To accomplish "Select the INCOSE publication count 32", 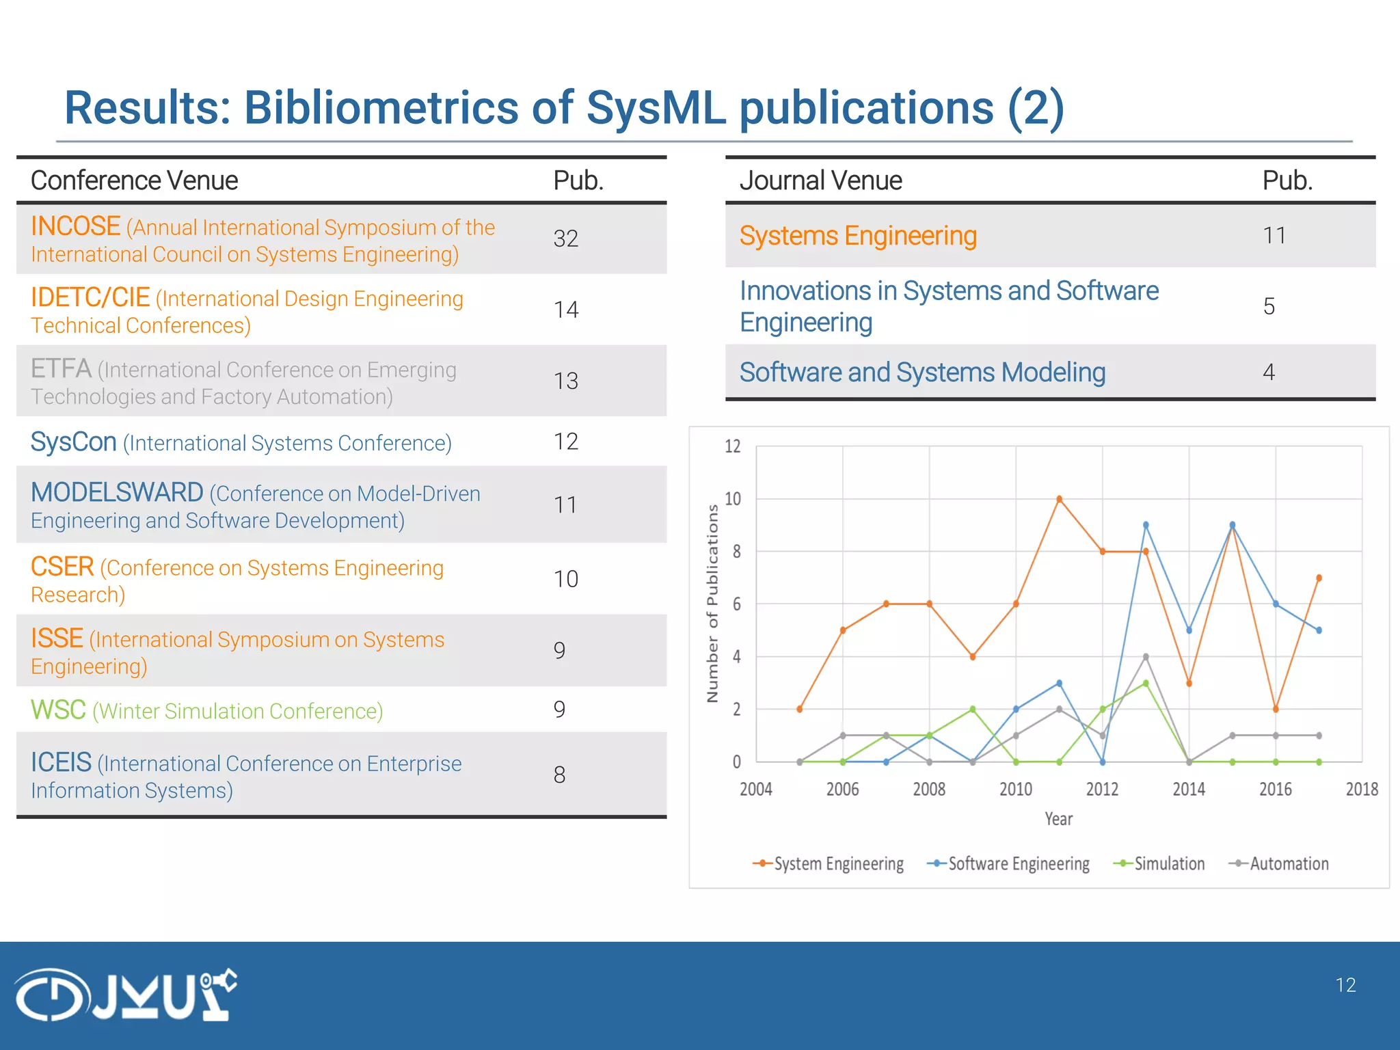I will tap(565, 239).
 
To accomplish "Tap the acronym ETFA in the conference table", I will tap(61, 369).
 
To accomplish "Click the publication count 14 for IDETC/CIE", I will tap(565, 310).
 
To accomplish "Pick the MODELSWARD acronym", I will tap(117, 492).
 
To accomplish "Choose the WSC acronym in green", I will tap(58, 710).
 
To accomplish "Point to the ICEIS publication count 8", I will tap(559, 775).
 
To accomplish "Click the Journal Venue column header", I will tap(820, 180).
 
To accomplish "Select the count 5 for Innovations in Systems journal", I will tap(1269, 306).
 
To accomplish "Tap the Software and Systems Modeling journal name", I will tap(922, 373).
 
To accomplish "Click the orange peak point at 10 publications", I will tap(1059, 499).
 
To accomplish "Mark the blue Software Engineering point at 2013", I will tap(1146, 525).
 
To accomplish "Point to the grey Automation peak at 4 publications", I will tap(1146, 657).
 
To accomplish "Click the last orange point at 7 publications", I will tap(1319, 578).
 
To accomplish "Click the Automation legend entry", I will tap(1279, 863).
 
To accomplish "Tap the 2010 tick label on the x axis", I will tap(1015, 790).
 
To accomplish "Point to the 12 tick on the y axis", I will tap(732, 446).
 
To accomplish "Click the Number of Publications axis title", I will tap(712, 604).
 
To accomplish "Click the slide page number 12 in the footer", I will tap(1345, 985).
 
